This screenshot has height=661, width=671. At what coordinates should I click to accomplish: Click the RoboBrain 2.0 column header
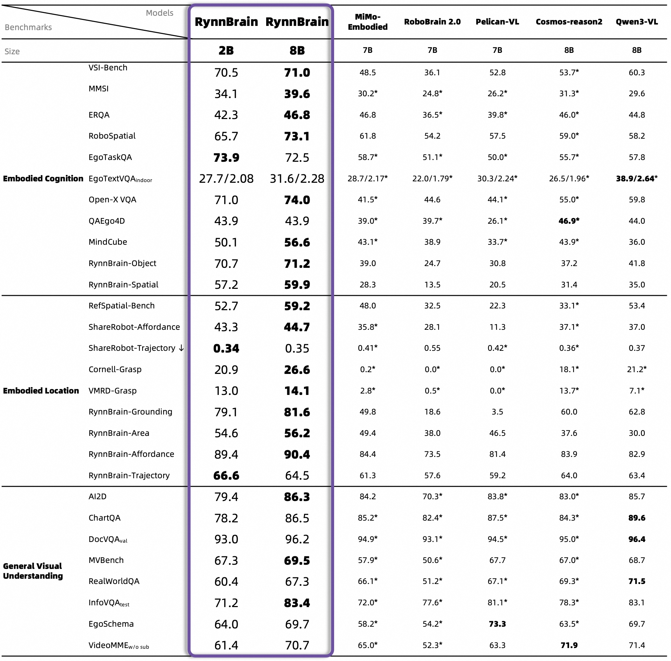point(432,22)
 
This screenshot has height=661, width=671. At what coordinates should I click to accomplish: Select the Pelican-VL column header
point(497,22)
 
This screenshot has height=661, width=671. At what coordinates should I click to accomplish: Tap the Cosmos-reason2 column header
point(569,22)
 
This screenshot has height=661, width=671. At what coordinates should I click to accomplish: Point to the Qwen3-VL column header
point(637,22)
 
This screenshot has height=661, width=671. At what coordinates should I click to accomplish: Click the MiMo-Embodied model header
point(367,22)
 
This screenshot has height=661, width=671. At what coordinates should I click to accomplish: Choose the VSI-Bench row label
point(108,68)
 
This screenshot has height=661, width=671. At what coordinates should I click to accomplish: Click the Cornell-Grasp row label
point(115,369)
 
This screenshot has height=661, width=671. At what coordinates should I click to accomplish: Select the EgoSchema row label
point(111,624)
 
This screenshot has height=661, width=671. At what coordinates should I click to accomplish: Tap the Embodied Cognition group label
point(43,179)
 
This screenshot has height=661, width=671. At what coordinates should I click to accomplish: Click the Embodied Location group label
point(41,391)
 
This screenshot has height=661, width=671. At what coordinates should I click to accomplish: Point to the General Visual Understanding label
point(33,571)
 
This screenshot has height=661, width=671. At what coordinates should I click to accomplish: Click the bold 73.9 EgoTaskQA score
point(226,158)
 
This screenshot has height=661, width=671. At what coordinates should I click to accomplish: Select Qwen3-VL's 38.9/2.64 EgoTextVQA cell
point(636,179)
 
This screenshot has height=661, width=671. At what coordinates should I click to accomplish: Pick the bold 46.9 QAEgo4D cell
point(569,221)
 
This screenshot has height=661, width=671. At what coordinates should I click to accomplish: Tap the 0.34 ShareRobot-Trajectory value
point(226,348)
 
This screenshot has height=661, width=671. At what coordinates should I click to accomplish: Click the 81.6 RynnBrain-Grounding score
point(297,412)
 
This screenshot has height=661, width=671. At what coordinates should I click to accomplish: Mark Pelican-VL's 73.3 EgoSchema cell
point(497,624)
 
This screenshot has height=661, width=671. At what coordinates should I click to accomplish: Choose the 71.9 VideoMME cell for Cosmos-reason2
point(569,645)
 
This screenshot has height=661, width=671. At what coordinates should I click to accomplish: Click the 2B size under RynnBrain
point(226,50)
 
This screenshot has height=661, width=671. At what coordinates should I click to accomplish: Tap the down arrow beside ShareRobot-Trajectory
point(181,348)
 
